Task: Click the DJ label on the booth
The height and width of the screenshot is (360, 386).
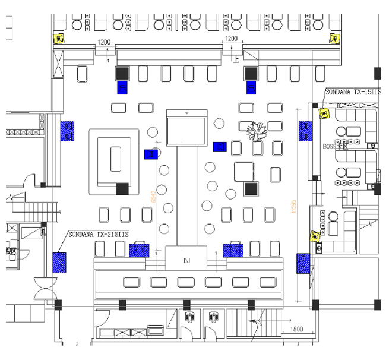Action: [x=186, y=260]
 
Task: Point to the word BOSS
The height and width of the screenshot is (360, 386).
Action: [x=330, y=146]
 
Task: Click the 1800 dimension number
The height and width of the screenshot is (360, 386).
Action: [x=298, y=329]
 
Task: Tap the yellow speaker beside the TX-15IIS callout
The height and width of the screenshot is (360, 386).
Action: [x=324, y=113]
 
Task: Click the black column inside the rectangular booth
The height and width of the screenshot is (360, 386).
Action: [x=122, y=188]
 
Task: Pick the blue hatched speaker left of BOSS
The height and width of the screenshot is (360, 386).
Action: [x=305, y=131]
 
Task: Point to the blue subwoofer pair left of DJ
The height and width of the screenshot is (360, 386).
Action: [x=138, y=250]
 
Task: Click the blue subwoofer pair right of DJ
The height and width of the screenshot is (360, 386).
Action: [x=233, y=250]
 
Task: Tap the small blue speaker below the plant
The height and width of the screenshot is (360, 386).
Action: [x=220, y=146]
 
